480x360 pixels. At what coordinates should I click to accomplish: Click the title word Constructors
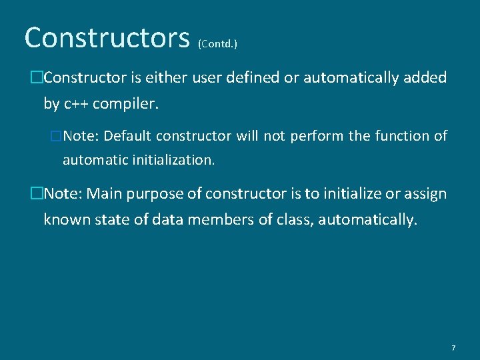[x=107, y=38]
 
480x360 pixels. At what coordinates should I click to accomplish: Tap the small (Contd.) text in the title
[x=218, y=44]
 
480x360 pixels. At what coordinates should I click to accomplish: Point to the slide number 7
[x=453, y=348]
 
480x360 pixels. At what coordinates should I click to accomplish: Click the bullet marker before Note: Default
[x=56, y=136]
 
